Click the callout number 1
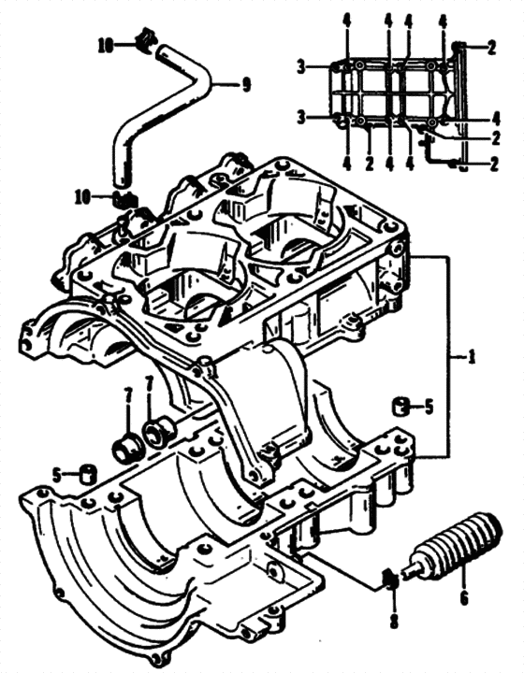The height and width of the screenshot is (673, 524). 472,357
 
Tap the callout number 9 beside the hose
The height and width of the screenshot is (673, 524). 246,85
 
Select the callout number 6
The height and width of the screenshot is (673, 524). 464,597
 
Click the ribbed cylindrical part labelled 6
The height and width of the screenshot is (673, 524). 455,545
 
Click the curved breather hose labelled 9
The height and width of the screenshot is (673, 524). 163,114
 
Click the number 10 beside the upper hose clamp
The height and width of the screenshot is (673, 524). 106,46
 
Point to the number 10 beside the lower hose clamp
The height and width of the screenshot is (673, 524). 84,198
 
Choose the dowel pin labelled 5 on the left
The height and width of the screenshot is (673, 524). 89,474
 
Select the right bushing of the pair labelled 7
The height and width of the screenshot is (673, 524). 160,431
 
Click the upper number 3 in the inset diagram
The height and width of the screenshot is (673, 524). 302,67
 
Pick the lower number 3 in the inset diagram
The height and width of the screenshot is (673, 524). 302,117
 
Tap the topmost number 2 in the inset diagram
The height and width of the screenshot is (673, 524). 492,47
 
